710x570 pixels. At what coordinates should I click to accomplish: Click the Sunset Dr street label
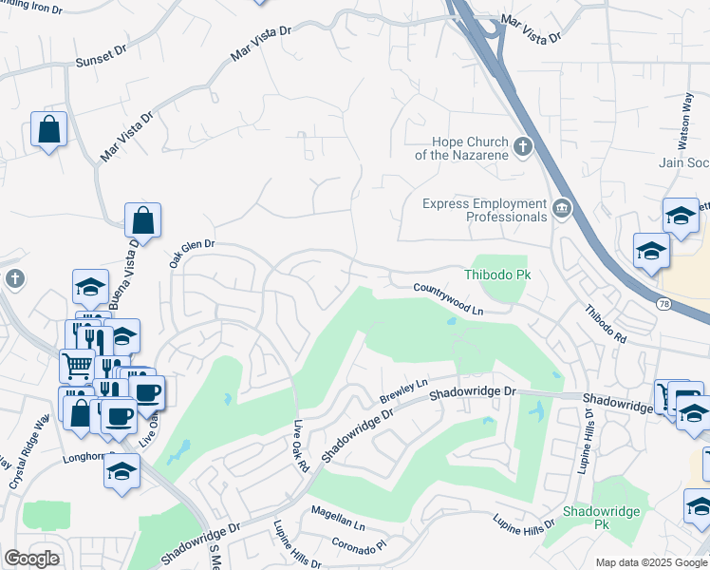pyautogui.click(x=100, y=59)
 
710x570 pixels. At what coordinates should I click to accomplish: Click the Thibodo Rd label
pyautogui.click(x=606, y=325)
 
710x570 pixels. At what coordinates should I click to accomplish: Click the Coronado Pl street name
pyautogui.click(x=360, y=544)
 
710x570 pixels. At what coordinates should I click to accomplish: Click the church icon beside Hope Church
pyautogui.click(x=523, y=147)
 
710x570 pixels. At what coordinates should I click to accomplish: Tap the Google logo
pyautogui.click(x=31, y=559)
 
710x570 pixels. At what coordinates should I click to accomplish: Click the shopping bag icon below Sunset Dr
pyautogui.click(x=48, y=129)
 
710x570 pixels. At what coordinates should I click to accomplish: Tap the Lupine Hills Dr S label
pyautogui.click(x=589, y=425)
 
